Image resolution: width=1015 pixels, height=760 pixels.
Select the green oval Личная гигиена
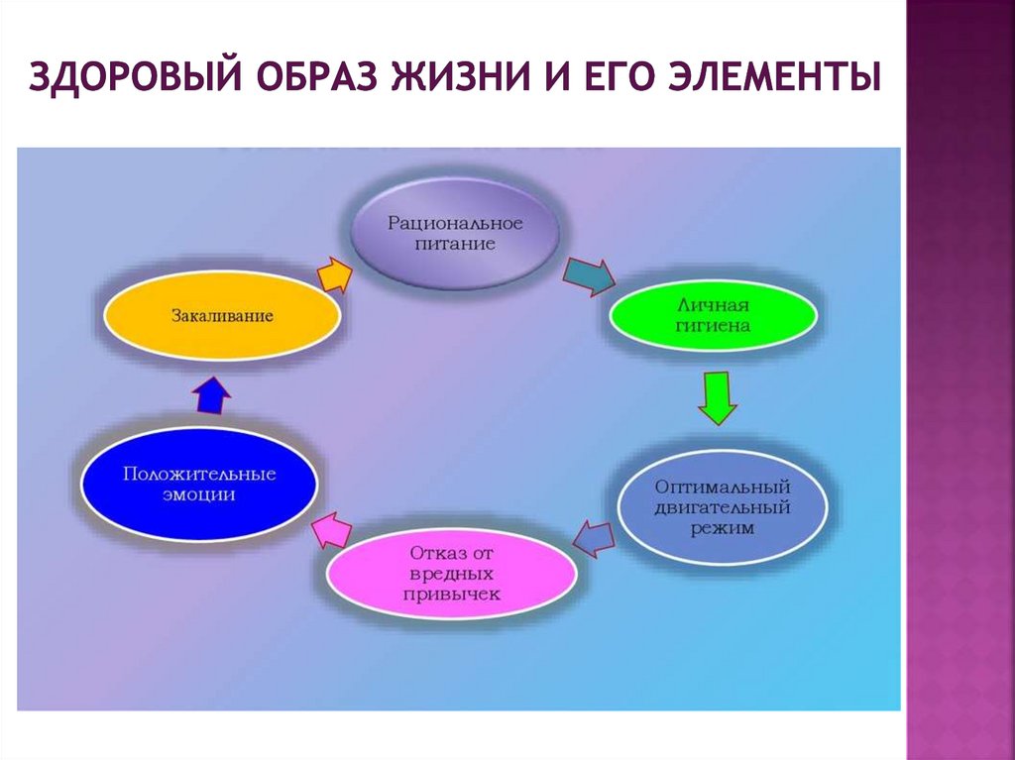(x=712, y=314)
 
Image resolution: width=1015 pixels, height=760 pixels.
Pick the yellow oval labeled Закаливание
(x=222, y=317)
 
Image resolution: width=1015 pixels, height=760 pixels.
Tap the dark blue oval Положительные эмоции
(x=199, y=485)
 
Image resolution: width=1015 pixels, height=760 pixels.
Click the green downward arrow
(x=716, y=397)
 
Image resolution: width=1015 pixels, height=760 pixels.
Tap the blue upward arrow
(x=211, y=396)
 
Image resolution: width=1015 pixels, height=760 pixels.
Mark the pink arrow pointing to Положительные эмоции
(x=332, y=530)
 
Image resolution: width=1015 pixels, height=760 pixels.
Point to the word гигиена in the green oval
(x=712, y=325)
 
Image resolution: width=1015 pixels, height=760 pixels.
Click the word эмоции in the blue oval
(x=199, y=495)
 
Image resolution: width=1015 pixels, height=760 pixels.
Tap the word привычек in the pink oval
(x=452, y=594)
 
